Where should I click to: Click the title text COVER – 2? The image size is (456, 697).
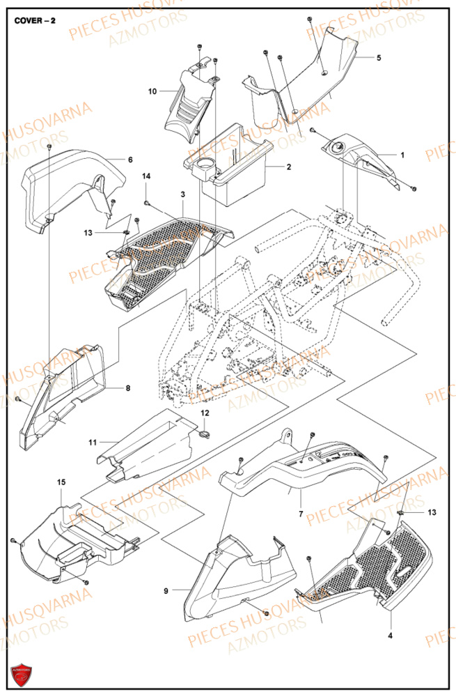point(36,21)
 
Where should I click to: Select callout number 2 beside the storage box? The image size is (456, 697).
point(288,167)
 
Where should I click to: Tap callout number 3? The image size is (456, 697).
point(182,194)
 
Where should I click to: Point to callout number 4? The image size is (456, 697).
point(389,636)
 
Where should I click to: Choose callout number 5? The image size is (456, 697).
point(379,58)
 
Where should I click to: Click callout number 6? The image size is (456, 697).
point(129,160)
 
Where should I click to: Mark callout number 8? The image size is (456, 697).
point(127,388)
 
